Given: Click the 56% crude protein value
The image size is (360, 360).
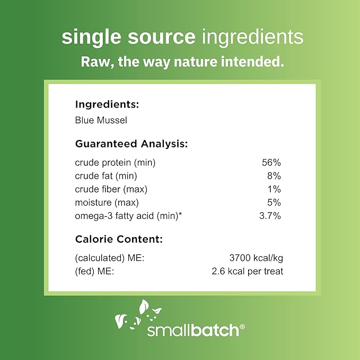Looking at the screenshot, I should coord(271,162).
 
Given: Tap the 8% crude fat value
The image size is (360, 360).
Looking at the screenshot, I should coord(274,175).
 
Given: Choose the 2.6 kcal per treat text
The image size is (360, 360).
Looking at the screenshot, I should coord(247,271).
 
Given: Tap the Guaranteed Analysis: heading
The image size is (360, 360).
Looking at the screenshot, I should coord(131,144).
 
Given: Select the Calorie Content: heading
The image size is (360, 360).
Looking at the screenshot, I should coord(119,239).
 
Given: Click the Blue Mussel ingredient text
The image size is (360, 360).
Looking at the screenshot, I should coord(101,120).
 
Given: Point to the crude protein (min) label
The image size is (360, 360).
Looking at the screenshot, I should coord(115,162).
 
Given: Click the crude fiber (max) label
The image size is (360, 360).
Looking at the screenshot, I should coord(111,189).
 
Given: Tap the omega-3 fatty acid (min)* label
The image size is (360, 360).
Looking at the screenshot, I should coord(128,215).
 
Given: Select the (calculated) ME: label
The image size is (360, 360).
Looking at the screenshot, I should coord(110,258).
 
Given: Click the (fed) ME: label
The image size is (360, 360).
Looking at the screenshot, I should coord(95,271).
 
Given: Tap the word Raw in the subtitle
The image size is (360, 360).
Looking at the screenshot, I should coord(94,62).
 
